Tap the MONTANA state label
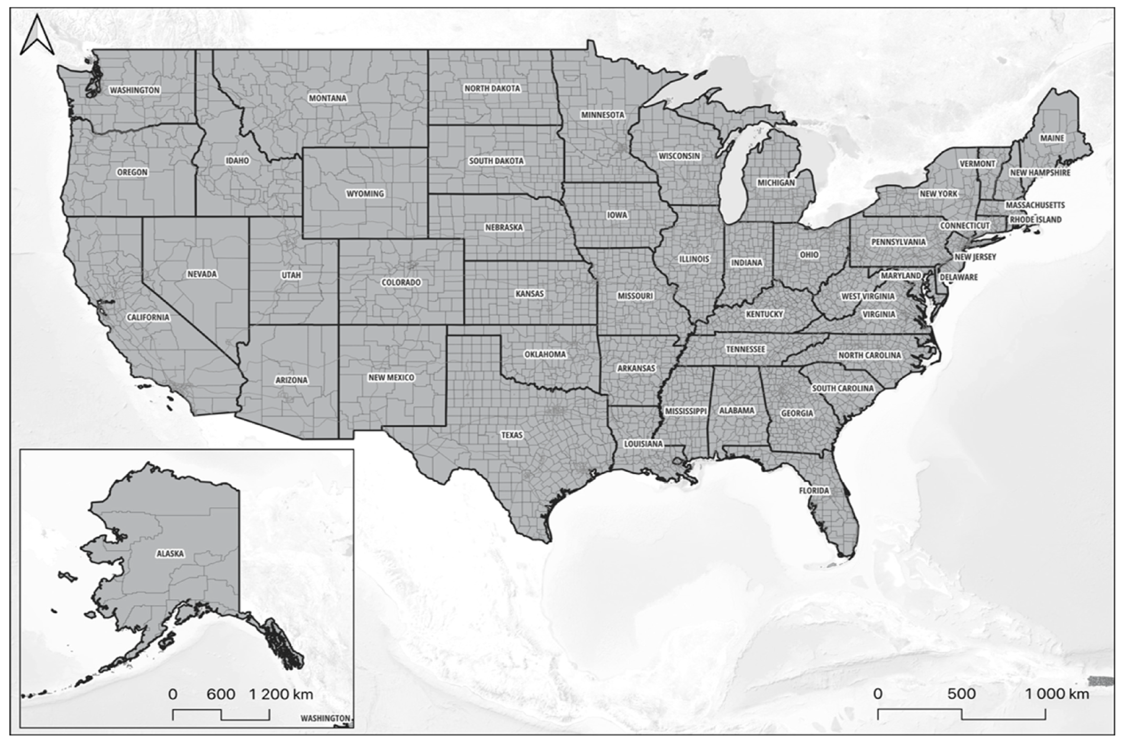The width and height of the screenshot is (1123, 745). point(328,98)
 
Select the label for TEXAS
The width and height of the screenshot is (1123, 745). point(512,435)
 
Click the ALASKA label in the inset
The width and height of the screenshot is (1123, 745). point(170,553)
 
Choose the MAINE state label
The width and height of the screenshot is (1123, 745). point(1052,138)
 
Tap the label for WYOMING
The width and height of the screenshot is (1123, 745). point(365,193)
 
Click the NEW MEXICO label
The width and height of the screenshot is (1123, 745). point(391,377)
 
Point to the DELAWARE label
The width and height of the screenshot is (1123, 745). point(959,277)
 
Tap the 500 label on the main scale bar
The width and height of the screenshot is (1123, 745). point(961,694)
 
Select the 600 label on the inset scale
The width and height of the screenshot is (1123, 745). point(221,694)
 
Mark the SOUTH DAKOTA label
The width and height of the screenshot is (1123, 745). point(496,161)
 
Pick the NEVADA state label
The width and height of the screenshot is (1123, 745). point(202,274)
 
